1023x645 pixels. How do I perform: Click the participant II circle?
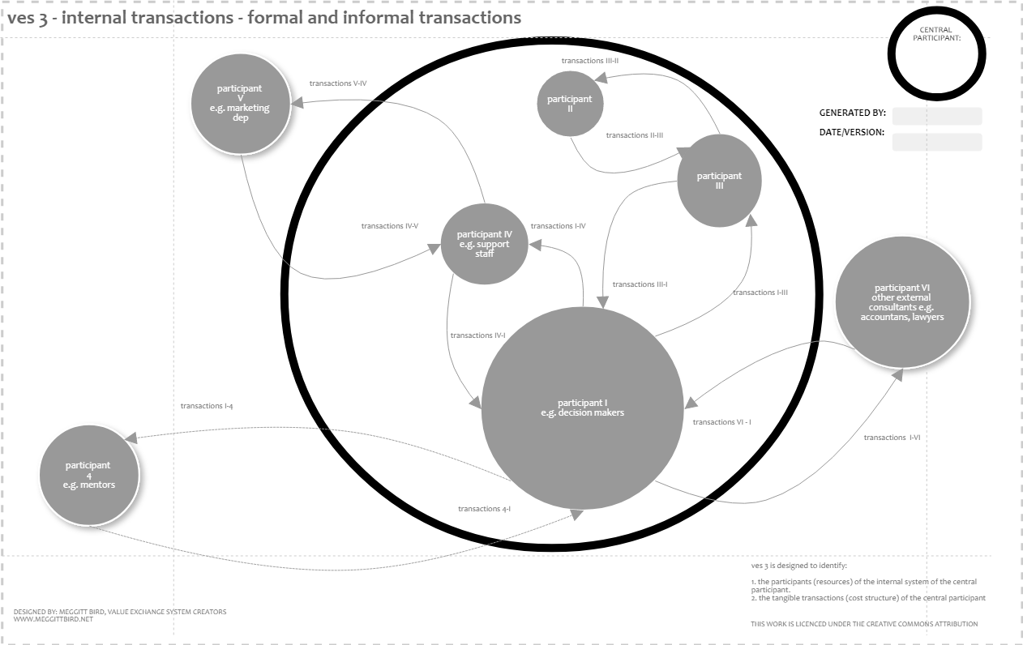(x=570, y=103)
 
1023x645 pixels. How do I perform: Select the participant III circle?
(x=719, y=181)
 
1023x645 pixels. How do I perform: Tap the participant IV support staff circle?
(x=485, y=244)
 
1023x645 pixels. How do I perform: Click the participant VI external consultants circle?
(x=901, y=302)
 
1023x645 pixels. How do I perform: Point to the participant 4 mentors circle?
(x=89, y=476)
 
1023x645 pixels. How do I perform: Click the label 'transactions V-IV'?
(x=338, y=83)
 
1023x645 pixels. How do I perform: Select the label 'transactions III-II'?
(x=590, y=61)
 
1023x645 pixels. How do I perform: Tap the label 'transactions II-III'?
(x=635, y=135)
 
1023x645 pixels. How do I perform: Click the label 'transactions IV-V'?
(x=390, y=226)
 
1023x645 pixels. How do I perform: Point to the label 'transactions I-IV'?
(x=558, y=226)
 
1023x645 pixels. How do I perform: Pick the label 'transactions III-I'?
(x=640, y=284)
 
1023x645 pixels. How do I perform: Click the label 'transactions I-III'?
(x=760, y=293)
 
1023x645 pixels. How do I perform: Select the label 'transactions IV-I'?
(x=477, y=335)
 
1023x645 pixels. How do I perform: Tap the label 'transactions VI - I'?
(x=721, y=422)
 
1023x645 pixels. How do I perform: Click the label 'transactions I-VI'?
(x=892, y=438)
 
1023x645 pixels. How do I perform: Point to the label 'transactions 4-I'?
(x=484, y=509)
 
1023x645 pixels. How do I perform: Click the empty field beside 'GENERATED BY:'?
(x=936, y=116)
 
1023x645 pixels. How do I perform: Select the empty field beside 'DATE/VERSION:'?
(x=936, y=143)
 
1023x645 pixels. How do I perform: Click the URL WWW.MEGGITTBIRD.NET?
(x=54, y=620)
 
